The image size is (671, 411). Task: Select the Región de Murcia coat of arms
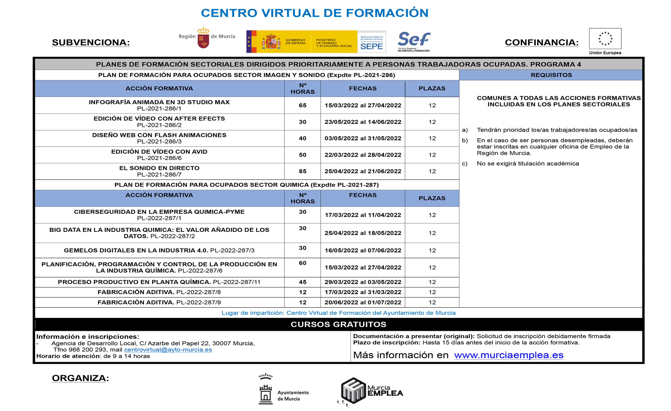point(203,38)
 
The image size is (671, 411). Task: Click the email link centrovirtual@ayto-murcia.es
point(168,350)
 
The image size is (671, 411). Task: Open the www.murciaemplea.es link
point(509,355)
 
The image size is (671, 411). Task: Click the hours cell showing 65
point(303,105)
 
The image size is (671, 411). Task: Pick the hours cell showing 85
point(303,171)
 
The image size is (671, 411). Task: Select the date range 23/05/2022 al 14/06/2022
point(363,122)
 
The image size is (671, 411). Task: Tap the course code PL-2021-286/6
point(159,158)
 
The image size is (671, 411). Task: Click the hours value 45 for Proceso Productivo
point(303,282)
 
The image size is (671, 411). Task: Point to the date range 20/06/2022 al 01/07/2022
point(363,302)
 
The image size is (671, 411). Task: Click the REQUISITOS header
point(551,75)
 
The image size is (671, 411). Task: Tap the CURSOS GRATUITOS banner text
point(338,324)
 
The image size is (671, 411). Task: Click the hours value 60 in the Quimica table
point(303,263)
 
